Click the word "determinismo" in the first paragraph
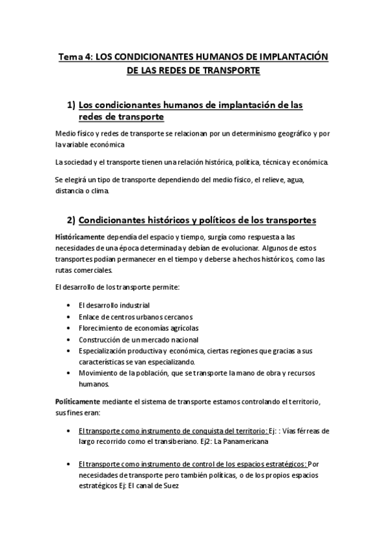tap(234, 134)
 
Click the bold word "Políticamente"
tap(79, 402)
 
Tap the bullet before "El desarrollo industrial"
tap(69, 305)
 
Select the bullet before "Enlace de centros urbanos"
tap(69, 317)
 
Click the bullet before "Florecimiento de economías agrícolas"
tap(69, 328)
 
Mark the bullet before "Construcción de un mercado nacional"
tap(69, 340)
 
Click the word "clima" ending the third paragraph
tap(109, 191)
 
